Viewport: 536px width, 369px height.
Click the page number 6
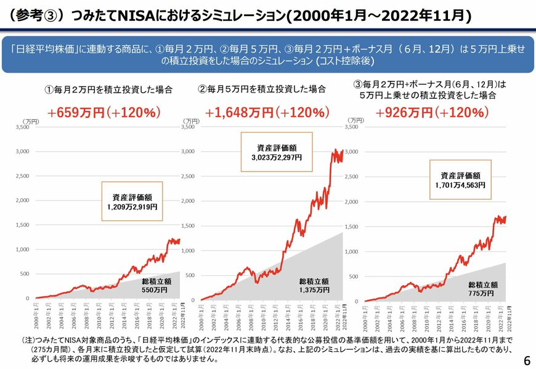pos(526,360)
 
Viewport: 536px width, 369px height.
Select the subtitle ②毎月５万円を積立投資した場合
pos(261,89)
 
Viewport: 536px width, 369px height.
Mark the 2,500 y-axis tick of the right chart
pos(351,176)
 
